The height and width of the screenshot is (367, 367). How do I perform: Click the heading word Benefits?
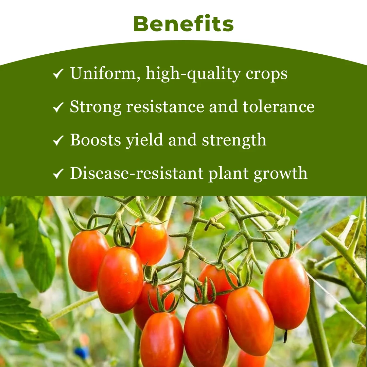point(183,24)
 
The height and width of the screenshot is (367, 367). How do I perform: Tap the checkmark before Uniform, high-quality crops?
point(58,74)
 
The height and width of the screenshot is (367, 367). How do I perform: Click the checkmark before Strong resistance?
point(58,107)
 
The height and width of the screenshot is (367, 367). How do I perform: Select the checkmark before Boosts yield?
point(58,140)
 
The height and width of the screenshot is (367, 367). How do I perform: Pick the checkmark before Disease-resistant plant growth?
point(58,174)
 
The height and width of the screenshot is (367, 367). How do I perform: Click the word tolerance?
point(278,106)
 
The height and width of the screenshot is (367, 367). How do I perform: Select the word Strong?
point(95,107)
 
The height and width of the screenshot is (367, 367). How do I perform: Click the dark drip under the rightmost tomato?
point(285,336)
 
